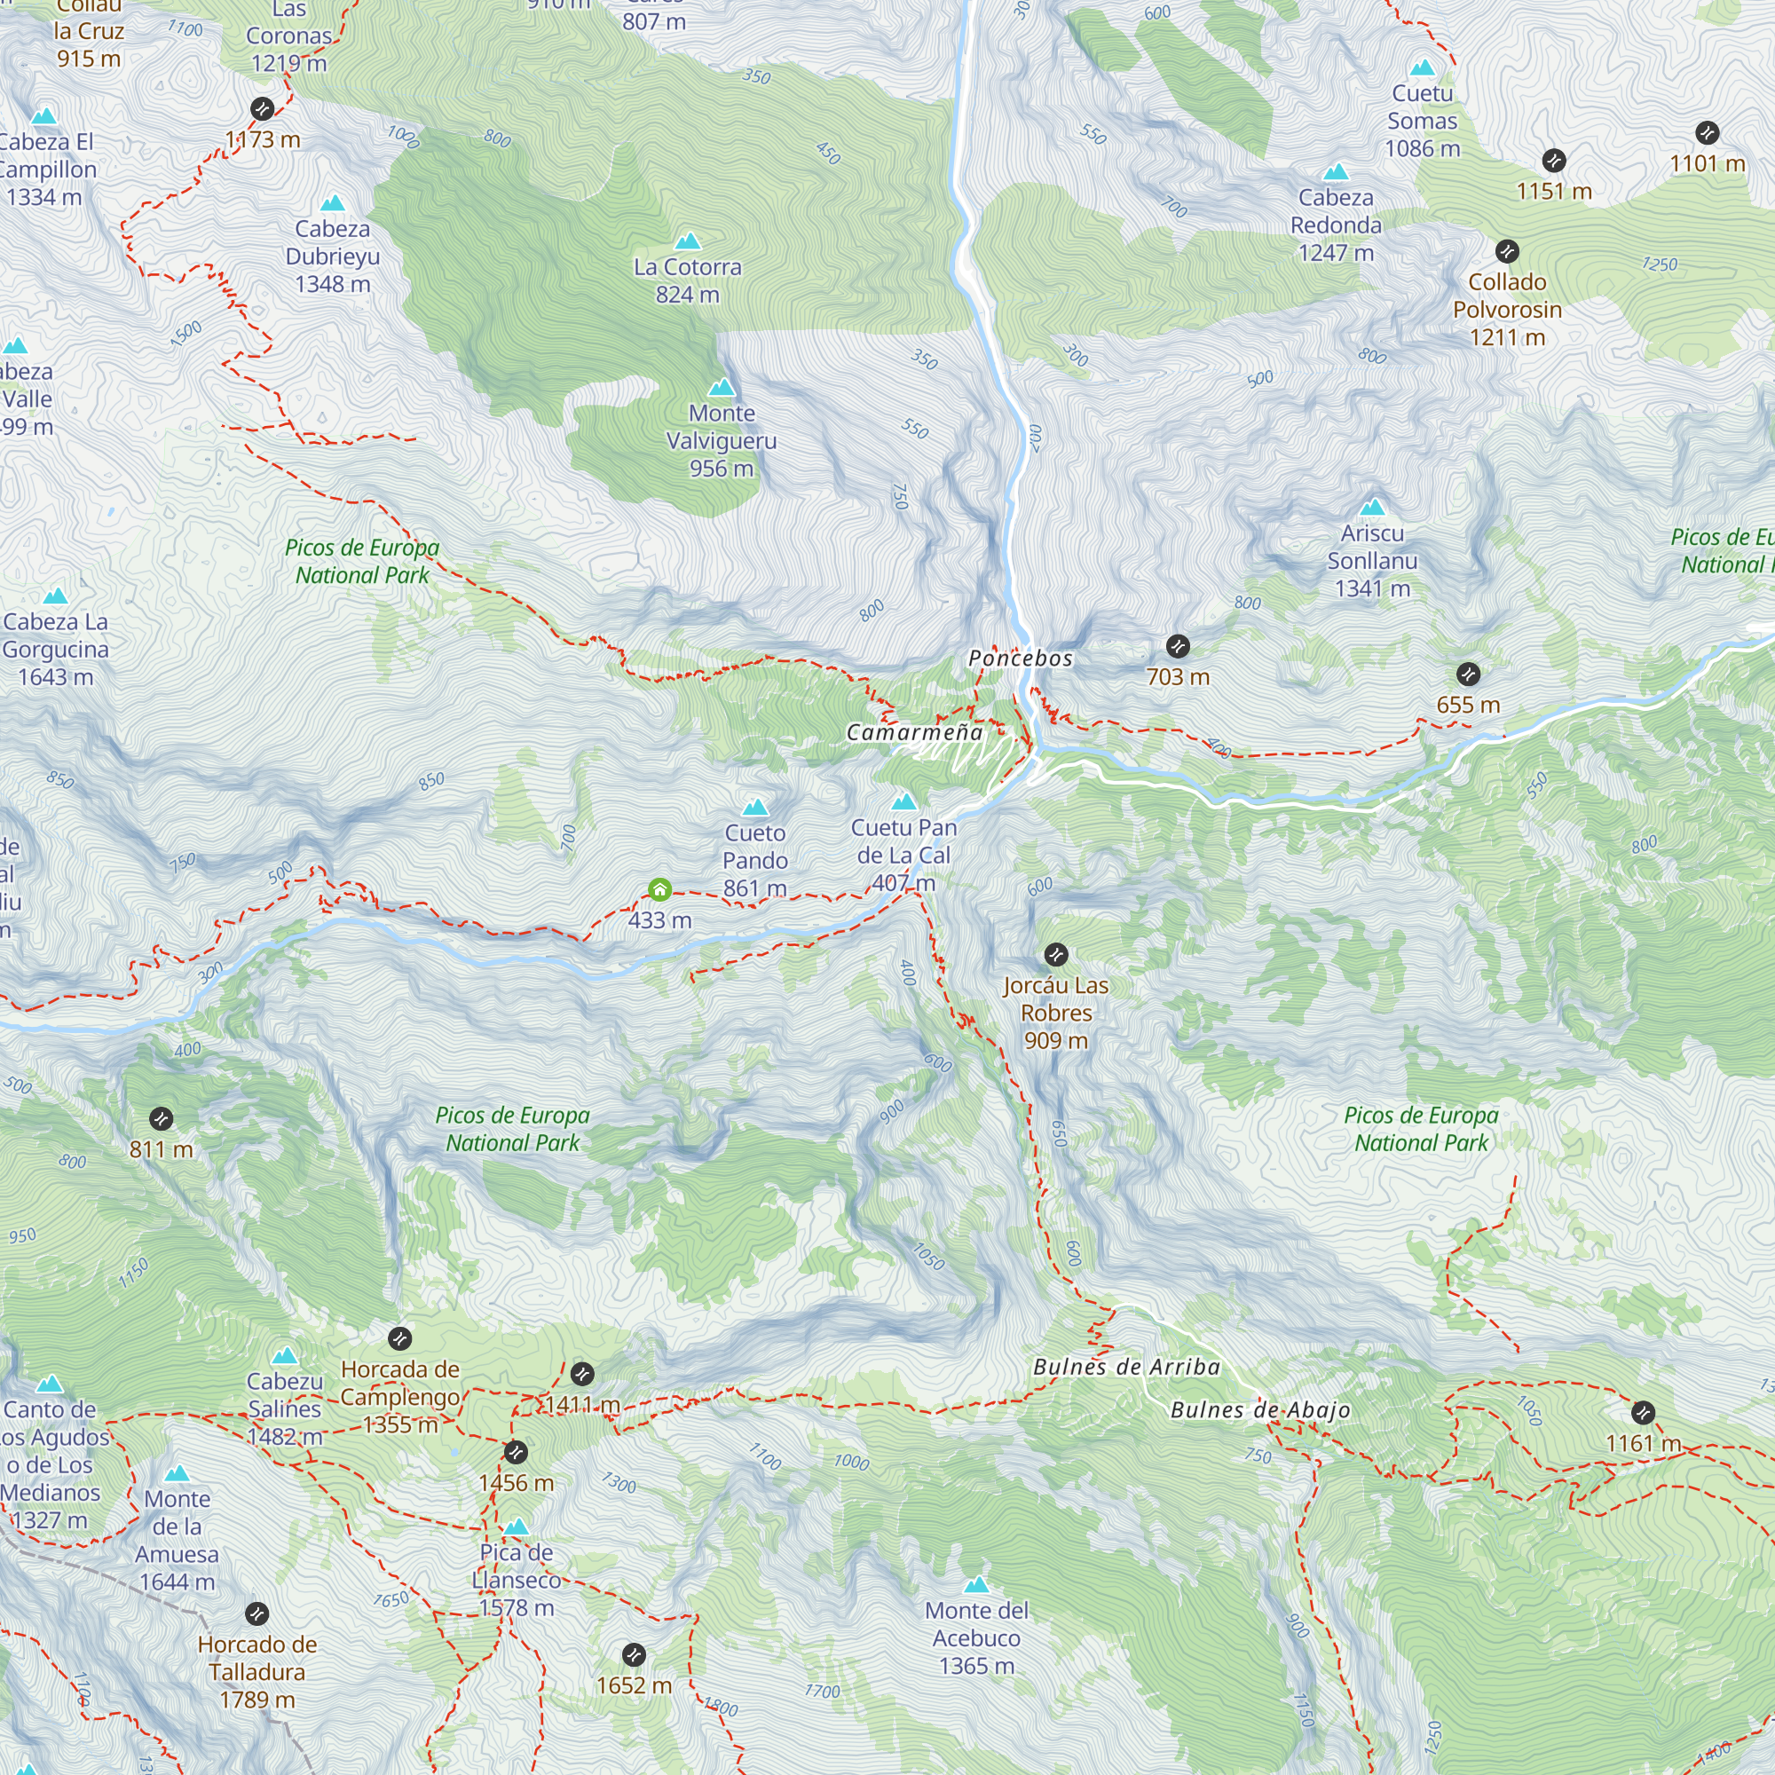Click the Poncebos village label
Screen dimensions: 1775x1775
[x=1020, y=658]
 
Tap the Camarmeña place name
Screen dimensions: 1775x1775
[x=914, y=732]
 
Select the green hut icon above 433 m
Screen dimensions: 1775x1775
[x=659, y=888]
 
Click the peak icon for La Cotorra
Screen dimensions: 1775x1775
[x=688, y=241]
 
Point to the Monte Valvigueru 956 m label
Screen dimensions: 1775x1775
[x=722, y=441]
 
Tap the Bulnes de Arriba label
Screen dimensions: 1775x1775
[x=1126, y=1367]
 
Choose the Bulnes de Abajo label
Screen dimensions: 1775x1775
[x=1259, y=1410]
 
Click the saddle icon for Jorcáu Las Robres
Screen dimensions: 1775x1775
[x=1055, y=955]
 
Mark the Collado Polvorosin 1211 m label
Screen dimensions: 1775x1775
[x=1507, y=310]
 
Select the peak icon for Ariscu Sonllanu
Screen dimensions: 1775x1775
[x=1372, y=507]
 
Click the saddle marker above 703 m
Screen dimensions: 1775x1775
[x=1178, y=646]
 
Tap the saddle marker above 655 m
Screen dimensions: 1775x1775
[x=1468, y=674]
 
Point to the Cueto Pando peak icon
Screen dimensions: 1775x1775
[x=755, y=808]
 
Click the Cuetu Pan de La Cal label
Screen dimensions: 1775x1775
[x=903, y=856]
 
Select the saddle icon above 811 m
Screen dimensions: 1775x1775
[x=161, y=1119]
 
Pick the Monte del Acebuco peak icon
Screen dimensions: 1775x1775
[x=976, y=1585]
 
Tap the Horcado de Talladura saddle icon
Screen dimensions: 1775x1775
[x=257, y=1613]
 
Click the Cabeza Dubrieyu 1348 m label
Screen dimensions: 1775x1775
[x=333, y=256]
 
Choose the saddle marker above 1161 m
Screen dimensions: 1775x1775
[x=1643, y=1413]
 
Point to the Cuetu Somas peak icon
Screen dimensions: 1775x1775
[x=1422, y=68]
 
